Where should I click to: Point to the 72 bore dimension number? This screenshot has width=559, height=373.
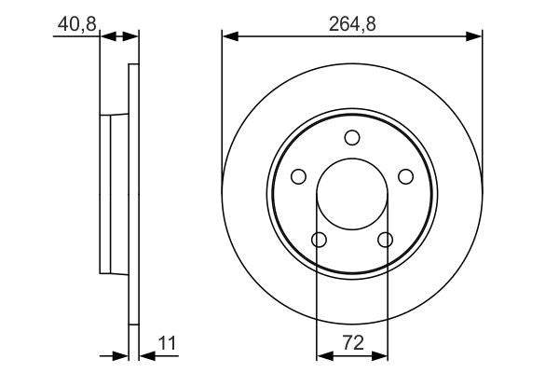[x=352, y=344]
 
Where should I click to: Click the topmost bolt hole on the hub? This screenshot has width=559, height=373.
[x=352, y=138]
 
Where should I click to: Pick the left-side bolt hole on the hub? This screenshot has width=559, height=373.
[x=298, y=177]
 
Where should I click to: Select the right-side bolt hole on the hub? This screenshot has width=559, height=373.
[x=405, y=177]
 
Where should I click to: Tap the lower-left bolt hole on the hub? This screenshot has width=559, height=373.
[x=319, y=241]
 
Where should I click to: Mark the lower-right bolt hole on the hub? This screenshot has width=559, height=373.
[x=385, y=241]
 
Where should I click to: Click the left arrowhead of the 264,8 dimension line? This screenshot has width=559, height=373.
[x=229, y=36]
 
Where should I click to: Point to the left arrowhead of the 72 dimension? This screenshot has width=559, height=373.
[x=324, y=354]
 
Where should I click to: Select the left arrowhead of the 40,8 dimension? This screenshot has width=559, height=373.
[x=105, y=36]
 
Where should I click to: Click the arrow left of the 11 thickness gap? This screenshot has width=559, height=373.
[x=120, y=354]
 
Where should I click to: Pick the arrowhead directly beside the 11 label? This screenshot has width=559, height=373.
[x=145, y=354]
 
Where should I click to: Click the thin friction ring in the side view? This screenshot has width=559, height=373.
[x=133, y=196]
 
